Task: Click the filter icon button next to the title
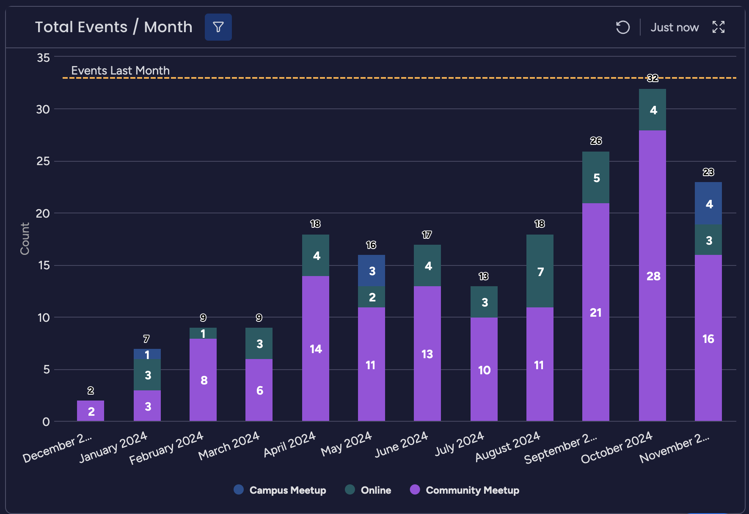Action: [x=218, y=27]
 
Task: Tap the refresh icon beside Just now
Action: [x=622, y=28]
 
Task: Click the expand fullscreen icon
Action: [x=718, y=27]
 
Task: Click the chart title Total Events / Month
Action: [x=113, y=27]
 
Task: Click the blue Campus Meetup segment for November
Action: [x=708, y=204]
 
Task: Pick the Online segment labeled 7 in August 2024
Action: [x=540, y=271]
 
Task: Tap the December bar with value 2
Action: [x=91, y=411]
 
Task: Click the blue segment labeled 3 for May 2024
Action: [x=371, y=271]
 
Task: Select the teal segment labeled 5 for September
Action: [x=595, y=177]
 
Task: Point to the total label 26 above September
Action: [x=596, y=141]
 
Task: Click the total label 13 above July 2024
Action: [x=483, y=276]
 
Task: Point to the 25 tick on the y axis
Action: [x=43, y=161]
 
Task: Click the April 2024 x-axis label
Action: [x=290, y=444]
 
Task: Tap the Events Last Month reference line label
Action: [x=120, y=70]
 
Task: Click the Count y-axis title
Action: [x=25, y=238]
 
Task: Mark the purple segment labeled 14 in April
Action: [x=315, y=348]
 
